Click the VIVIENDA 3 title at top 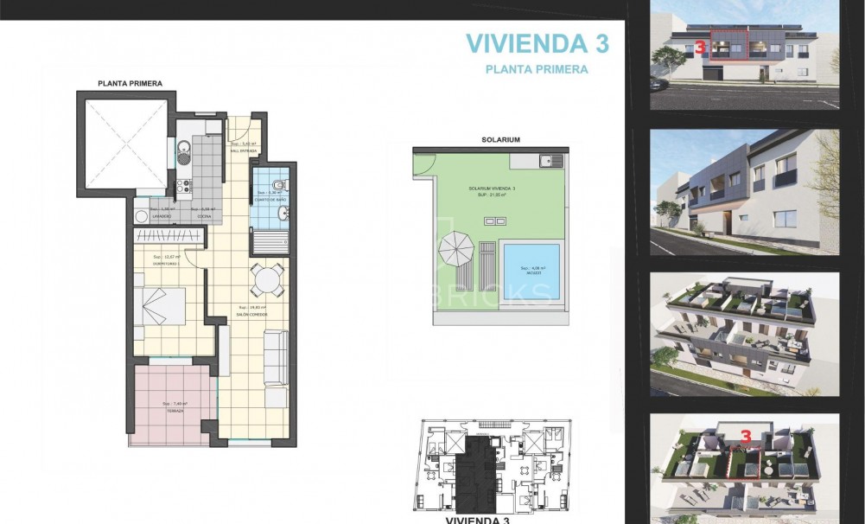point(537,43)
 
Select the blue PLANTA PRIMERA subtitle point(537,69)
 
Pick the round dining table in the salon point(267,280)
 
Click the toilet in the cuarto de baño point(276,185)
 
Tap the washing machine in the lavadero point(142,214)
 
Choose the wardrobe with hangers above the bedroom point(169,236)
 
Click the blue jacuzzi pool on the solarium point(531,269)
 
